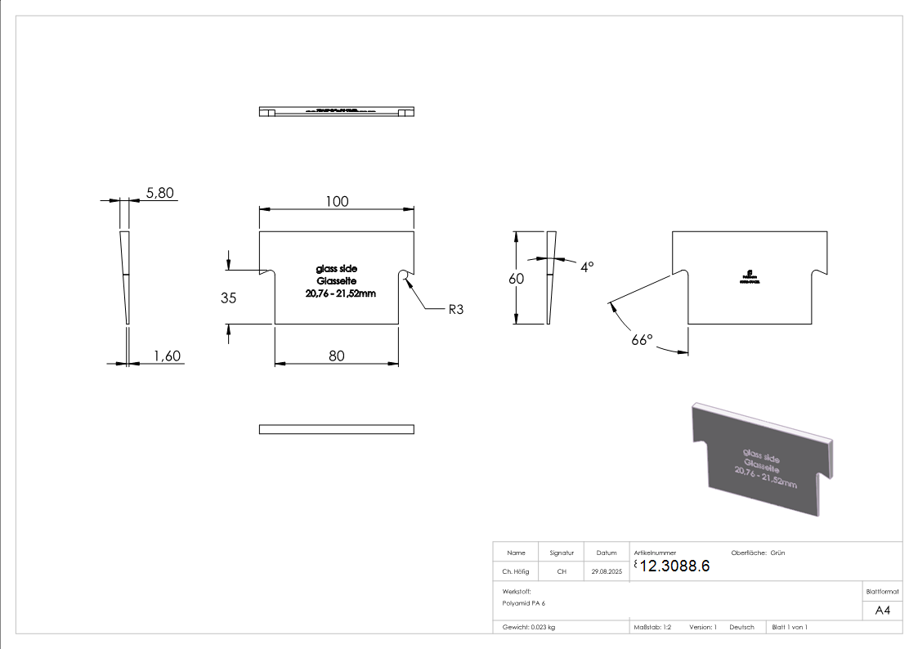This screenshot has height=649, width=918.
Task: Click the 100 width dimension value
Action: (x=337, y=201)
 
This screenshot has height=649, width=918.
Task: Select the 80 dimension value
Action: (x=337, y=356)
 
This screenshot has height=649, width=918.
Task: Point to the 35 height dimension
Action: (x=229, y=298)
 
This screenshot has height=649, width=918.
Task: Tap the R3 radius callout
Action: (x=456, y=310)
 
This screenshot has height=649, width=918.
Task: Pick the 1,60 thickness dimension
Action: (x=167, y=356)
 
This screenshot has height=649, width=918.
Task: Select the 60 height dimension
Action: (x=515, y=278)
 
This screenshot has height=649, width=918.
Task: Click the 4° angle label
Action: (x=587, y=266)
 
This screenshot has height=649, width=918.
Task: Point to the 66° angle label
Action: (x=643, y=339)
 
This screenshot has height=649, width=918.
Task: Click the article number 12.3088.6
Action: (x=674, y=566)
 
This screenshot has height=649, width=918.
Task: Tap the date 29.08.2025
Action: (x=607, y=572)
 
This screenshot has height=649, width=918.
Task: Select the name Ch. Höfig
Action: (x=516, y=572)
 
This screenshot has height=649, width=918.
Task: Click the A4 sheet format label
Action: (x=883, y=611)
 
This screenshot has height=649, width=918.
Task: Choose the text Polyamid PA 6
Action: (x=524, y=603)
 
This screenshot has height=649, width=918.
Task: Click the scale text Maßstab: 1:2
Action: (x=653, y=627)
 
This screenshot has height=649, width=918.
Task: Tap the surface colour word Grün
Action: (x=777, y=553)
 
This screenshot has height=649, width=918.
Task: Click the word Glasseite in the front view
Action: (x=336, y=281)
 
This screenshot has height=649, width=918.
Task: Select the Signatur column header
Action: (x=562, y=553)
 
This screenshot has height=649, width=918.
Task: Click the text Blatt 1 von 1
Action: (x=790, y=627)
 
